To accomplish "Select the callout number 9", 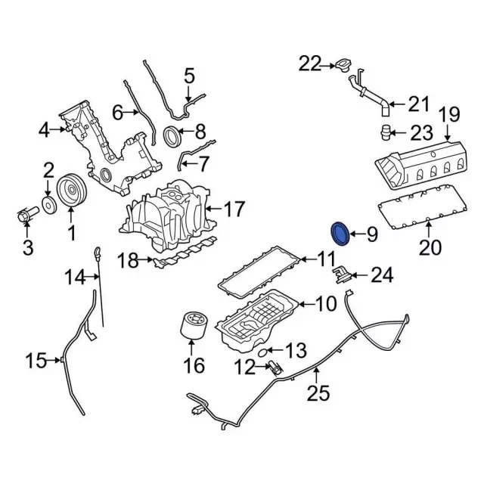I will (x=371, y=234).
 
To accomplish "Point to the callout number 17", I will (x=234, y=207).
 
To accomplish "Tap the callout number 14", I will (x=75, y=278).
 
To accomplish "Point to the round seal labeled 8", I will (x=173, y=136).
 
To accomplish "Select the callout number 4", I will (x=44, y=131).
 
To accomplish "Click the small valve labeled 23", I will (x=386, y=133).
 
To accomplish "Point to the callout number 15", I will (x=36, y=361).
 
